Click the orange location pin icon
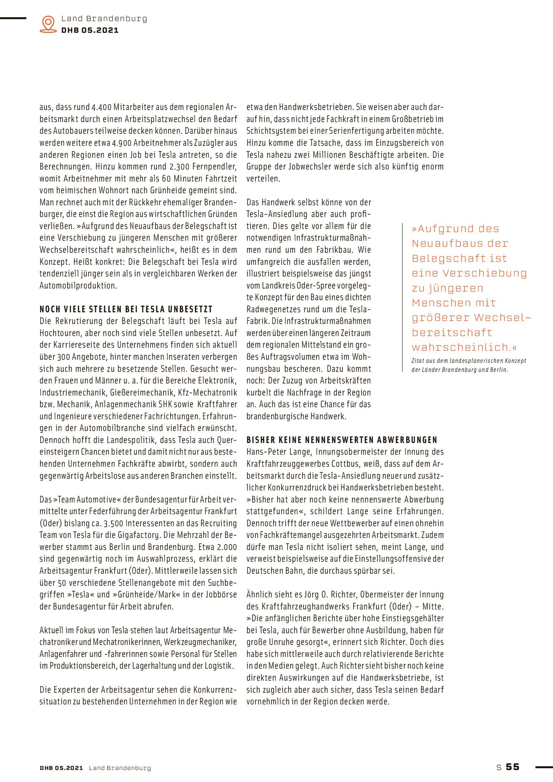(48, 24)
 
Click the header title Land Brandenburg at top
(104, 19)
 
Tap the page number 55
(513, 767)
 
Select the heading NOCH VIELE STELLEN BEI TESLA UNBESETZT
(126, 309)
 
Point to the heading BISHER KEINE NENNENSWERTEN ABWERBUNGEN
(342, 440)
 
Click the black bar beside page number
(543, 767)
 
